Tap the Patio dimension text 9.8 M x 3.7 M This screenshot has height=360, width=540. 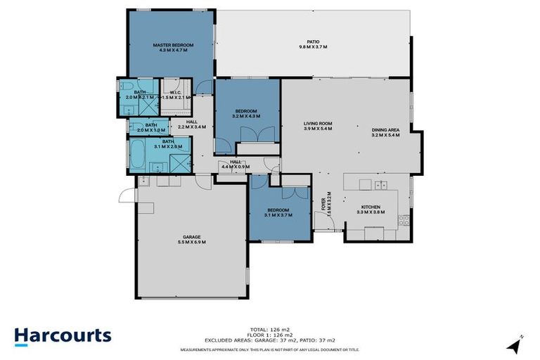pos(313,47)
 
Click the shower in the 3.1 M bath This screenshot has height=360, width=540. pos(179,160)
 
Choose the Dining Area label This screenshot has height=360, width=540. pos(386,131)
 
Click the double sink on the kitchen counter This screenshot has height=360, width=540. pos(380,186)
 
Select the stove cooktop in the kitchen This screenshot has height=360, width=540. pos(404,220)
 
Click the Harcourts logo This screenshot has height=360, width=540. pos(63,335)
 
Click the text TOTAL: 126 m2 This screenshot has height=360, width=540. pos(270,328)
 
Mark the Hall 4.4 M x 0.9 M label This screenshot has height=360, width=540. pos(231,165)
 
